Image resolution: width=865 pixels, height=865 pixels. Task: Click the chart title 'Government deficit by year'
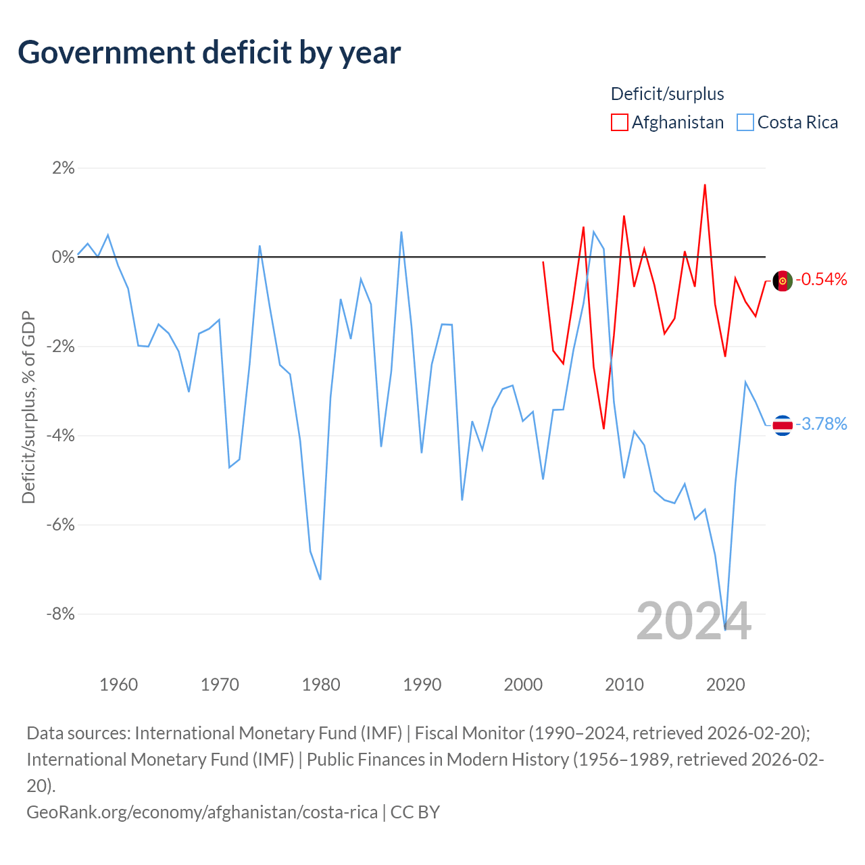click(209, 53)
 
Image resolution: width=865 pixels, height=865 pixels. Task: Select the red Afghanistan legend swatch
click(619, 122)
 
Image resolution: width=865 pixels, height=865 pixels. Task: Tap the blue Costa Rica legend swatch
click(745, 122)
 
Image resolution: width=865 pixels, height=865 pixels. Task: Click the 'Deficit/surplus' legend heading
click(667, 94)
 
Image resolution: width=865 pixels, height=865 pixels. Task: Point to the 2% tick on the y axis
click(64, 168)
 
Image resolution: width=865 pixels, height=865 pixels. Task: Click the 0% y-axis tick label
click(64, 257)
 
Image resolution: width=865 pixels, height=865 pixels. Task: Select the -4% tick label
click(61, 435)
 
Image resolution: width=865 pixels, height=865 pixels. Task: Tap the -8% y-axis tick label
click(61, 613)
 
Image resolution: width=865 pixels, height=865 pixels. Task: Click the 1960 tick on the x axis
click(118, 685)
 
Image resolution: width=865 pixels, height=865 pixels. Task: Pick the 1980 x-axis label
click(321, 685)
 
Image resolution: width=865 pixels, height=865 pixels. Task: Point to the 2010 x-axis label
click(624, 685)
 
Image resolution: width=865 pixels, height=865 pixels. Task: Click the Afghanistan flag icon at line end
click(783, 281)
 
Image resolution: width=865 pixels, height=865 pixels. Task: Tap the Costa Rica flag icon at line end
click(783, 425)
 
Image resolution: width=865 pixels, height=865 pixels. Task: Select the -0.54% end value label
click(822, 279)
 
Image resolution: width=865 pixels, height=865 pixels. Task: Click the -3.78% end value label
click(822, 424)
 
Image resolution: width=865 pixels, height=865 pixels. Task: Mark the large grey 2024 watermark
click(693, 621)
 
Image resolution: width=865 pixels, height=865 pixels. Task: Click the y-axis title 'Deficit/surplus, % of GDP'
click(29, 407)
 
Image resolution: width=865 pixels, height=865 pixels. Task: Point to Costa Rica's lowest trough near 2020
click(725, 630)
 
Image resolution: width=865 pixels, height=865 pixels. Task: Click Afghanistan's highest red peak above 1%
click(705, 184)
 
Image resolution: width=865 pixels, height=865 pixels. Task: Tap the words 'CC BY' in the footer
click(415, 812)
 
